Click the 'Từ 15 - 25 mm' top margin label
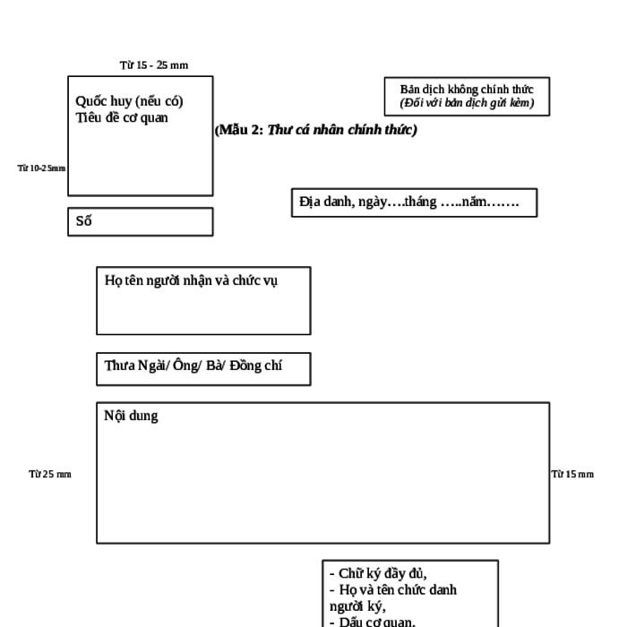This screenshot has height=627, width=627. click(x=154, y=65)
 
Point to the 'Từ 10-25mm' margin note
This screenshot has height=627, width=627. click(x=41, y=168)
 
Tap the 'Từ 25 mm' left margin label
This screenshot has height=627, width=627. click(x=50, y=474)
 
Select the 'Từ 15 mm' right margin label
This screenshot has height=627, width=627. click(x=572, y=474)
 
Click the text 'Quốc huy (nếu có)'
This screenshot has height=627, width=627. click(x=129, y=101)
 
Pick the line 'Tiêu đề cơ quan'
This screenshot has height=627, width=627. click(x=122, y=117)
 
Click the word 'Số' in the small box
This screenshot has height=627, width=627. click(x=84, y=220)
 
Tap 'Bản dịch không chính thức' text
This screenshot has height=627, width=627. click(x=467, y=90)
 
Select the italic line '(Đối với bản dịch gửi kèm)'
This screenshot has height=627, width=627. click(x=467, y=103)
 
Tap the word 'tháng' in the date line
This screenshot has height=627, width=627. click(x=421, y=202)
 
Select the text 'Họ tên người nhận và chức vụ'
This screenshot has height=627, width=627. click(x=191, y=280)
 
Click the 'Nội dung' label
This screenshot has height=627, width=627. click(x=131, y=416)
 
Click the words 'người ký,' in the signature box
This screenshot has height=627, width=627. click(x=357, y=606)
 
